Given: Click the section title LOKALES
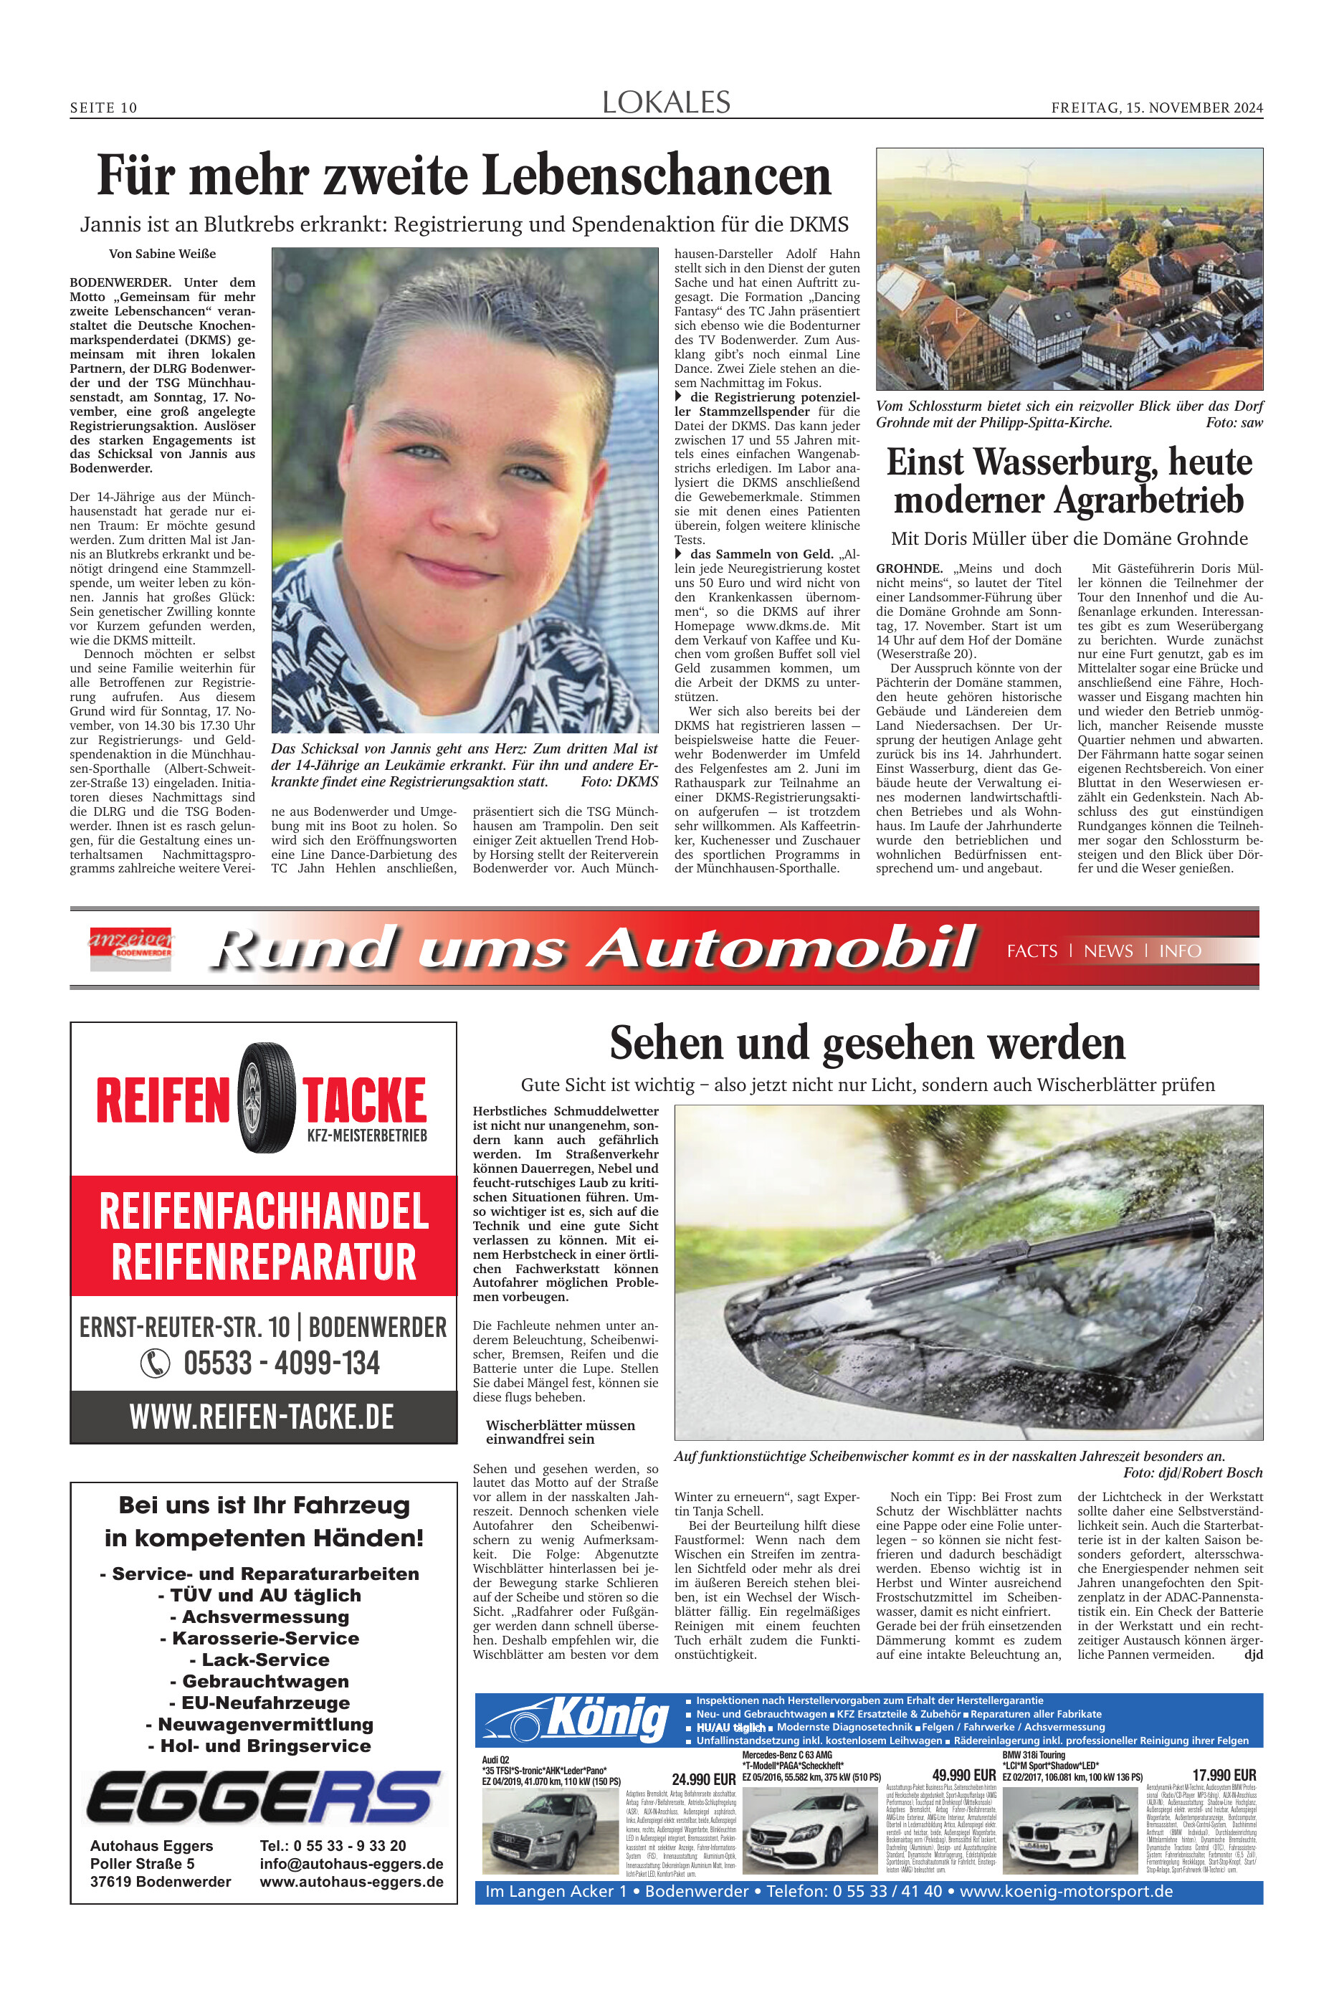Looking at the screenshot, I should point(666,103).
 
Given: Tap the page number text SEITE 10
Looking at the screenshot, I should point(103,108).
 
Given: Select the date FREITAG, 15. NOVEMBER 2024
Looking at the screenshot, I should point(1156,108).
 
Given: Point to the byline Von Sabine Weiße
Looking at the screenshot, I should point(162,254).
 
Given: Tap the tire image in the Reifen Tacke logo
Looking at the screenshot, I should point(266,1098).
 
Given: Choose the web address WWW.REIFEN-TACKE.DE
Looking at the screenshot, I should point(262,1417).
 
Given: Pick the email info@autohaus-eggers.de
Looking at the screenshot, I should point(351,1864).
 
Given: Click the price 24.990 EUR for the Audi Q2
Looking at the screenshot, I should point(702,1779).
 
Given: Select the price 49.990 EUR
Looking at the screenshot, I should point(963,1776).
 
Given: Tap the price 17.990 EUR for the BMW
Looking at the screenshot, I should point(1224,1776).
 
